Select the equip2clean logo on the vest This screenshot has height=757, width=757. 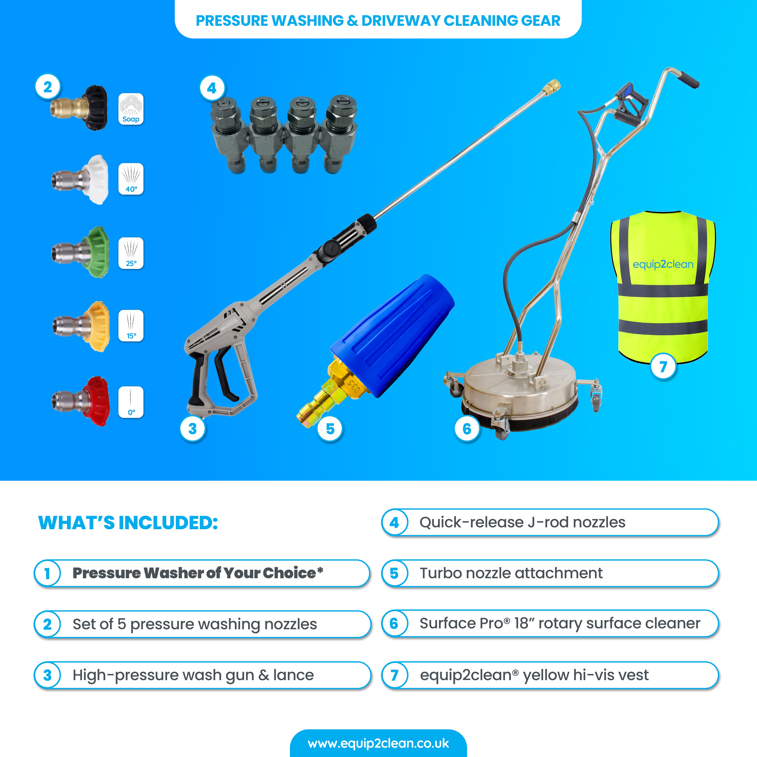tap(663, 265)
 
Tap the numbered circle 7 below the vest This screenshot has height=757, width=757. tap(663, 367)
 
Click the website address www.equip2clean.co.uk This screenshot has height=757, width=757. tap(378, 743)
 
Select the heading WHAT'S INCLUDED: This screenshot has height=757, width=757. tap(128, 523)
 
